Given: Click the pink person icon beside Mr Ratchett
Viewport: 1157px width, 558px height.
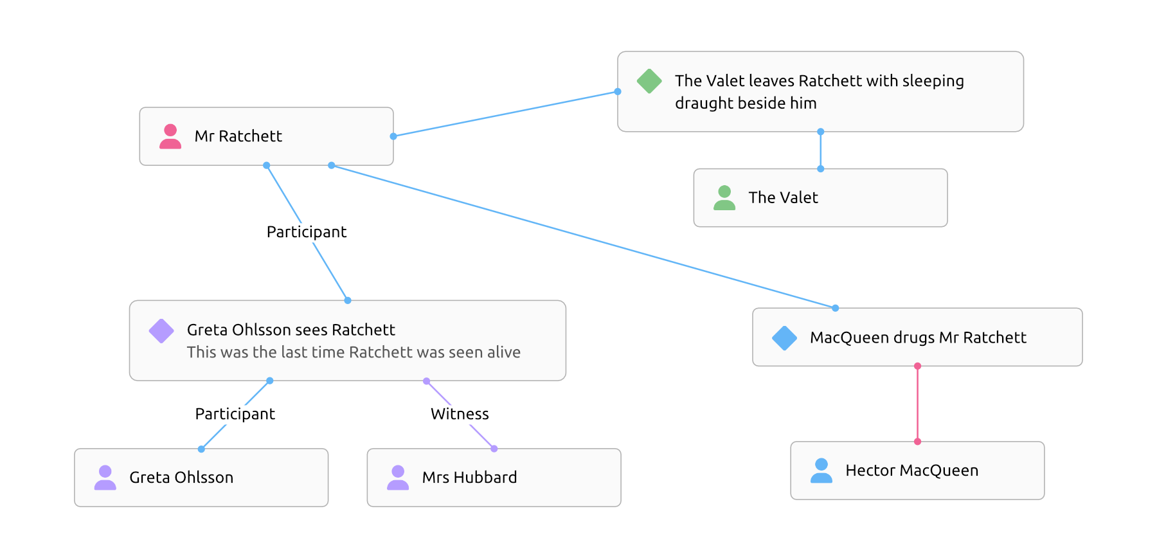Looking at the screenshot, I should click(x=170, y=136).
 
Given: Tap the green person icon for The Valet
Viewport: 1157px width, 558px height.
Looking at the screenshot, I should click(x=724, y=198).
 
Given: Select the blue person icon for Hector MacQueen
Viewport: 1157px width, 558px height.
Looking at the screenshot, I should click(x=821, y=471).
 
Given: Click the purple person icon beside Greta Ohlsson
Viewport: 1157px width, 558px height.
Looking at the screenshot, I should click(x=105, y=478).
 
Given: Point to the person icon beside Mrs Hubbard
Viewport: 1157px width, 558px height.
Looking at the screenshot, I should click(x=398, y=478).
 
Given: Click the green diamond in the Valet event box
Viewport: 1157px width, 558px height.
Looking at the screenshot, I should click(x=649, y=81).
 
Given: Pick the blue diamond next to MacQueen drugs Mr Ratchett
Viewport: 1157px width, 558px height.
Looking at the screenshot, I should click(x=784, y=338).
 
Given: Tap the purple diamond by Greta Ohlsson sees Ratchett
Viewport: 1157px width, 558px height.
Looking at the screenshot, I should click(x=161, y=331).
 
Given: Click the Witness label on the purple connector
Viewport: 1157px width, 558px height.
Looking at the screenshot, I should click(x=460, y=414).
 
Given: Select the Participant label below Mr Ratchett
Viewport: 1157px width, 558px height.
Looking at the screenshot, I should click(x=307, y=232).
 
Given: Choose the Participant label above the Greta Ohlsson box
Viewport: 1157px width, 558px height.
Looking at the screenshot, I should click(x=235, y=414).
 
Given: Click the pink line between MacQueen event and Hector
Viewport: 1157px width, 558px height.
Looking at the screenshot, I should click(x=917, y=404).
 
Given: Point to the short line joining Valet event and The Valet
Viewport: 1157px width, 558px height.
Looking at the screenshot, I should click(x=820, y=150).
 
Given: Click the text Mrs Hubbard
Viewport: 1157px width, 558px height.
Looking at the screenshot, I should click(x=469, y=478).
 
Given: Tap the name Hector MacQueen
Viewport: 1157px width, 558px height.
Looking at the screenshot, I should click(x=911, y=471).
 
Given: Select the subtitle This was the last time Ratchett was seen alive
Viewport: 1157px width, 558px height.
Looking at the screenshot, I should click(x=354, y=352).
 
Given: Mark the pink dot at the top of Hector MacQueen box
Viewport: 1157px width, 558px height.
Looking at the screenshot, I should click(x=917, y=442).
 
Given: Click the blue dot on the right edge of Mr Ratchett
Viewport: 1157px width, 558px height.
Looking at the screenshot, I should click(x=393, y=136).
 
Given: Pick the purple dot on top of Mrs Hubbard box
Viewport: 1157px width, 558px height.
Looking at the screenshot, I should click(x=494, y=449).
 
